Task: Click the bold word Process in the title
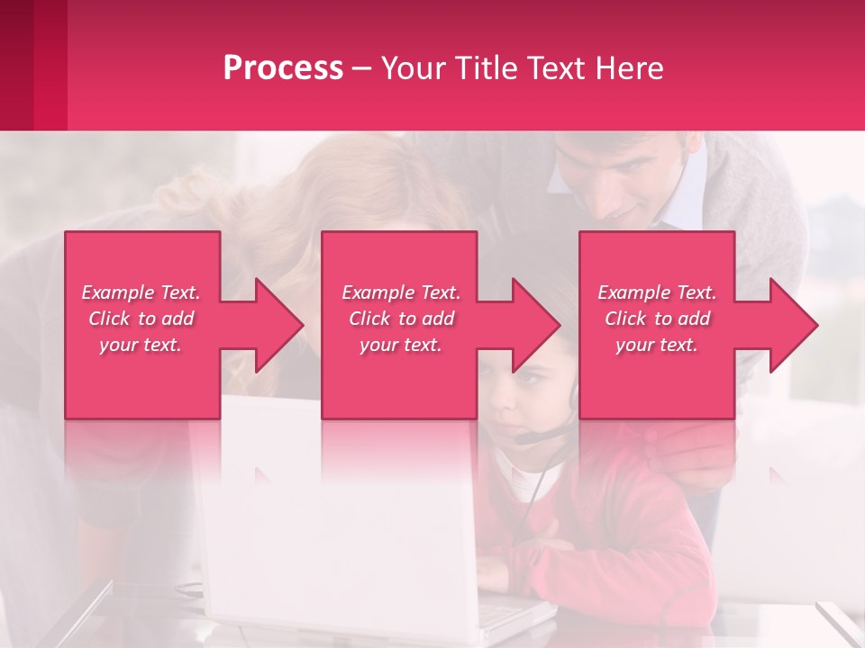283,68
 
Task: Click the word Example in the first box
118,292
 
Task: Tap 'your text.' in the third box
656,345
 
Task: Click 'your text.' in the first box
141,345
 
